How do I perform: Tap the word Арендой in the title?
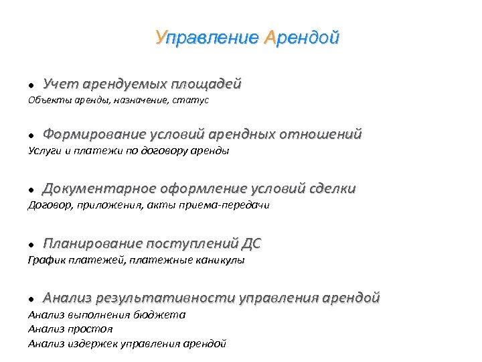point(302,37)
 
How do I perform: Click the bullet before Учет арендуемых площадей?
point(31,86)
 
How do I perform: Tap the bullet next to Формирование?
point(31,135)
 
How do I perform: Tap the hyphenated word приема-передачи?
point(229,205)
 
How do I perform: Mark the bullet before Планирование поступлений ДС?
point(31,244)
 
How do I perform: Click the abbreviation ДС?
point(251,243)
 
